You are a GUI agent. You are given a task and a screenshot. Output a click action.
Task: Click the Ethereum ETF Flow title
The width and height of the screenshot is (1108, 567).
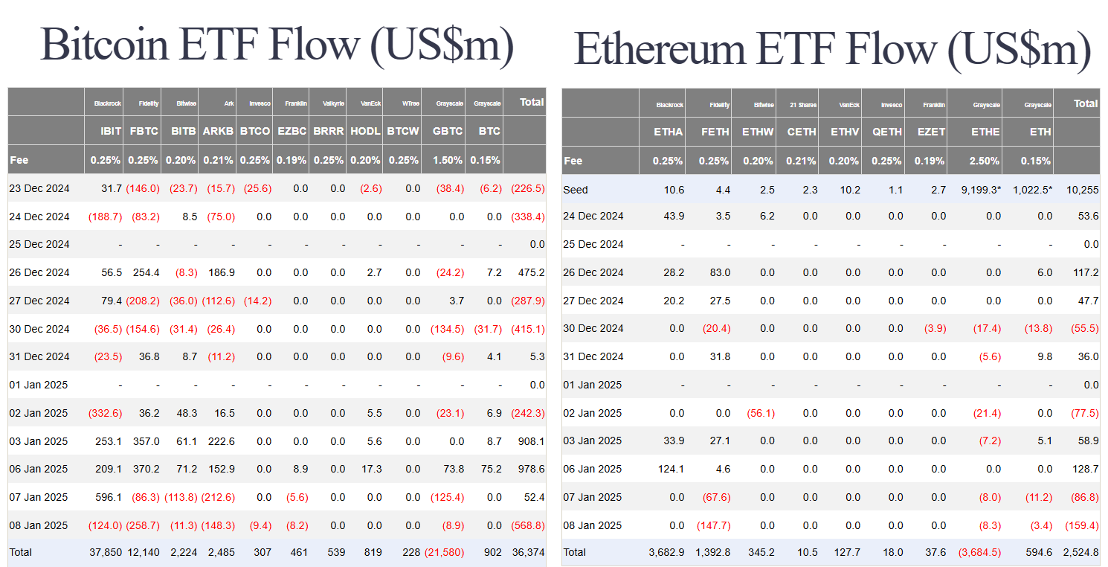tap(832, 49)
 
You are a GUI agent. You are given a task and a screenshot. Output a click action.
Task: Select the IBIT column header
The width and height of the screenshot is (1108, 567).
tap(111, 131)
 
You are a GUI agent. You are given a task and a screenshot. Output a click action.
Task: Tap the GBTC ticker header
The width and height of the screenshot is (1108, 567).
tap(448, 131)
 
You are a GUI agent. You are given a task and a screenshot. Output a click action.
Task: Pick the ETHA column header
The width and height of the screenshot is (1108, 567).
tap(668, 132)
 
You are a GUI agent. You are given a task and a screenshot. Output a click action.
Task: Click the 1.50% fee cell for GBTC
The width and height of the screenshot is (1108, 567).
tap(448, 160)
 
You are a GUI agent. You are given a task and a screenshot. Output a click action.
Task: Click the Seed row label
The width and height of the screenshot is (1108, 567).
tap(576, 190)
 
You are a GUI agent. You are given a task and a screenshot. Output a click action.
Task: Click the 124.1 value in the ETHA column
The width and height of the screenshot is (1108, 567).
tap(670, 469)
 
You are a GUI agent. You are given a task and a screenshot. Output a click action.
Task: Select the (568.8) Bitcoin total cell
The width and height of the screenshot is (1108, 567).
tap(527, 525)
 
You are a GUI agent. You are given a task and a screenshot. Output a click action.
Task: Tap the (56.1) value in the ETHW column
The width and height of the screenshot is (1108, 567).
tap(758, 413)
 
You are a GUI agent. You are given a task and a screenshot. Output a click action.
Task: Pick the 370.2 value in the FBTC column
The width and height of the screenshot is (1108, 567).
tap(145, 469)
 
